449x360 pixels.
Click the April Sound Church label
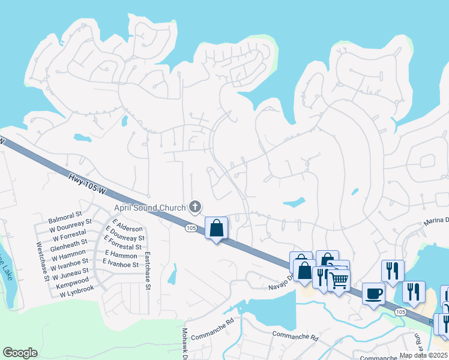150,208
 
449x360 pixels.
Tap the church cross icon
194,208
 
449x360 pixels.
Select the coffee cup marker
373,293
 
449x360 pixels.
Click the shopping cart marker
340,279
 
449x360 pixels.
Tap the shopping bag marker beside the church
216,228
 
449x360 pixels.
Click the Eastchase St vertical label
148,271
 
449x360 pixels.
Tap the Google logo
20,353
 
